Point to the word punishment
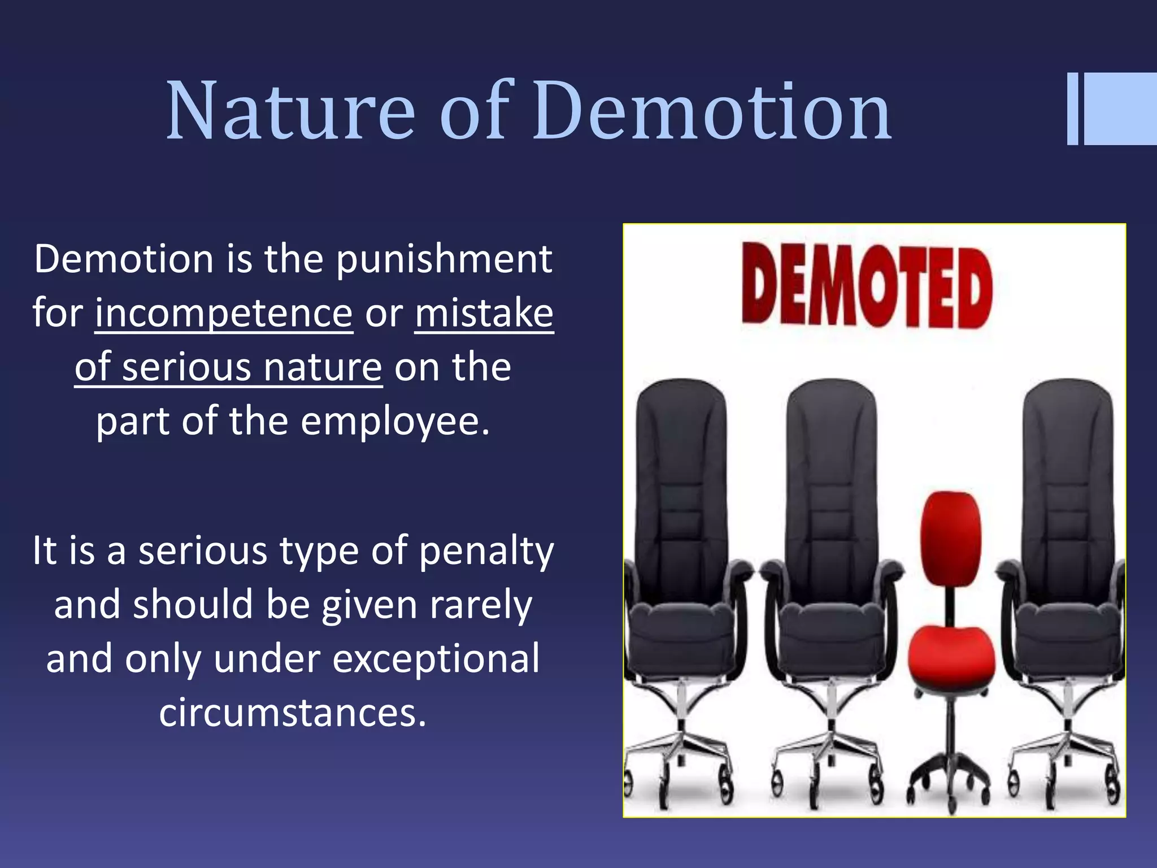[x=444, y=259]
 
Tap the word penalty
[x=486, y=551]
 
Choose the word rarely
[x=481, y=605]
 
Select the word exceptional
[x=436, y=659]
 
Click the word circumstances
[x=292, y=713]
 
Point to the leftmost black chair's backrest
[x=681, y=486]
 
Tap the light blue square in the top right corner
[x=1121, y=108]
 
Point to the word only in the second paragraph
[x=163, y=659]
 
